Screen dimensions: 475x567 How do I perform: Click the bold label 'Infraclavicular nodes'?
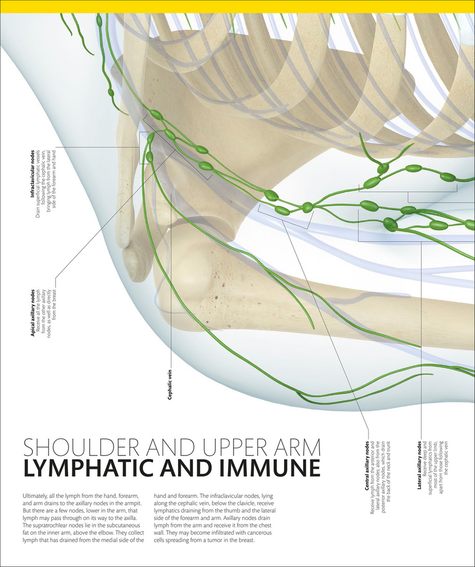tap(33, 174)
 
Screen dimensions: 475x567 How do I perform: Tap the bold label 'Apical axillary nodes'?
tap(33, 312)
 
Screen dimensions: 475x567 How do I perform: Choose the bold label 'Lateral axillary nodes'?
tap(419, 465)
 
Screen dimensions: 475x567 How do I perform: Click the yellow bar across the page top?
tap(237, 6)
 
